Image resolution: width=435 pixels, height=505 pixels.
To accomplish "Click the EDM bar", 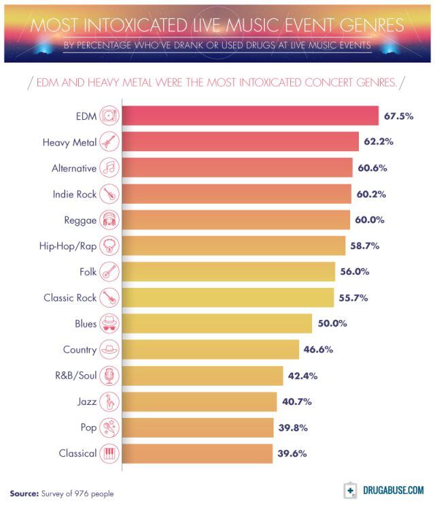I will pos(249,116).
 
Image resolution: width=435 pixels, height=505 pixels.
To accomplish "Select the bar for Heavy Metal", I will pos(240,142).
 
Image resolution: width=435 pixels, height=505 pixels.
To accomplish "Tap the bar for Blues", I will pos(216,323).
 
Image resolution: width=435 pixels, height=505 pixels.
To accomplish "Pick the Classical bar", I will pos(196,453).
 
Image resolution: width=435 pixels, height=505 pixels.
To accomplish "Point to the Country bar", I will pos(210,349).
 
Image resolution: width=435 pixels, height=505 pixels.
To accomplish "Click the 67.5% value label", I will pos(399,116).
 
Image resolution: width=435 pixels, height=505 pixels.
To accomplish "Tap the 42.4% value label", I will pos(302,375).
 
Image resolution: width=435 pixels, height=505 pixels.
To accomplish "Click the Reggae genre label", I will pos(80,220).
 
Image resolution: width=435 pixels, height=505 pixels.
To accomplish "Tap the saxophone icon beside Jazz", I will pos(109,402).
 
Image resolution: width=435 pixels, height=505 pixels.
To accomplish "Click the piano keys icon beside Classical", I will pos(109,453).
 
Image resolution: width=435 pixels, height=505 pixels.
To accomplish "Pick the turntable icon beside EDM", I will pos(109,116).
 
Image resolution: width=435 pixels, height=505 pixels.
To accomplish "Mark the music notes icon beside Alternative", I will pos(109,167).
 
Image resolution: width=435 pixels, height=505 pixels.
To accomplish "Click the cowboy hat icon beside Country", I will pos(109,349).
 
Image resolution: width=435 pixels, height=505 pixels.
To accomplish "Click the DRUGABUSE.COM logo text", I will pos(393,490).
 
